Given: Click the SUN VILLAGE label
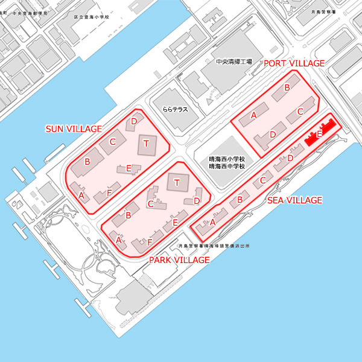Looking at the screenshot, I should (x=74, y=129).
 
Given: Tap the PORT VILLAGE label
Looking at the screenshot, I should (x=294, y=63).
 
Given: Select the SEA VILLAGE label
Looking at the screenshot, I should (x=294, y=200).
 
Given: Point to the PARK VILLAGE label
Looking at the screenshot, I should (x=179, y=259).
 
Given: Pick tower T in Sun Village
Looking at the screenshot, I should (x=147, y=144).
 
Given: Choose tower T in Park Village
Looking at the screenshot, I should (x=177, y=182).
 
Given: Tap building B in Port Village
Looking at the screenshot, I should (x=287, y=88).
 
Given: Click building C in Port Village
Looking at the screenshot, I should (x=300, y=112).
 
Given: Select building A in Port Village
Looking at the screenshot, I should (x=255, y=115).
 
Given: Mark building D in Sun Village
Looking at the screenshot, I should (x=134, y=122).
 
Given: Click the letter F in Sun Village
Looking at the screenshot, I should (x=109, y=192).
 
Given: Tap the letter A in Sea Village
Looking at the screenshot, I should (x=212, y=222).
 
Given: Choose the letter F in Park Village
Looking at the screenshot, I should (x=150, y=242).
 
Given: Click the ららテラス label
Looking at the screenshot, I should (x=175, y=110).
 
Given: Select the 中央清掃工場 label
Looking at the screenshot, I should (x=233, y=62).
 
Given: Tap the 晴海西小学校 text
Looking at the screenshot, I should (x=226, y=159).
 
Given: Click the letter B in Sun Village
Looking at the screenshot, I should (x=87, y=162).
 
